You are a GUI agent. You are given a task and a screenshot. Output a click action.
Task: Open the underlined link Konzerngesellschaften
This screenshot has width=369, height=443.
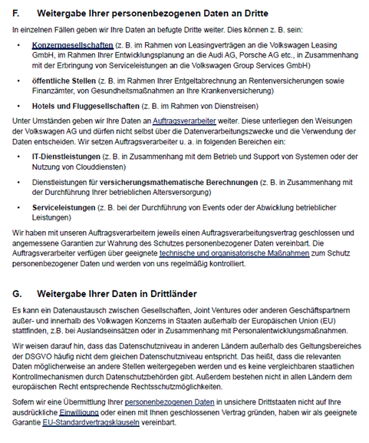click(73, 46)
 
